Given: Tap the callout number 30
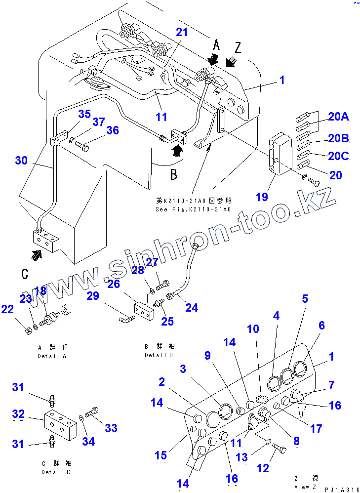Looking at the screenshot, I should tap(21, 161).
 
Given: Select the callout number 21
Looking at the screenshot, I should tap(182, 33).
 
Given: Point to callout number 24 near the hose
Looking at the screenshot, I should tap(191, 307).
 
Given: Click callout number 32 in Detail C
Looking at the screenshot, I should tap(18, 413).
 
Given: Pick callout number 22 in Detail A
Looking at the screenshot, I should tap(7, 309).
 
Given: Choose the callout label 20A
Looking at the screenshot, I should tap(338, 117).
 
